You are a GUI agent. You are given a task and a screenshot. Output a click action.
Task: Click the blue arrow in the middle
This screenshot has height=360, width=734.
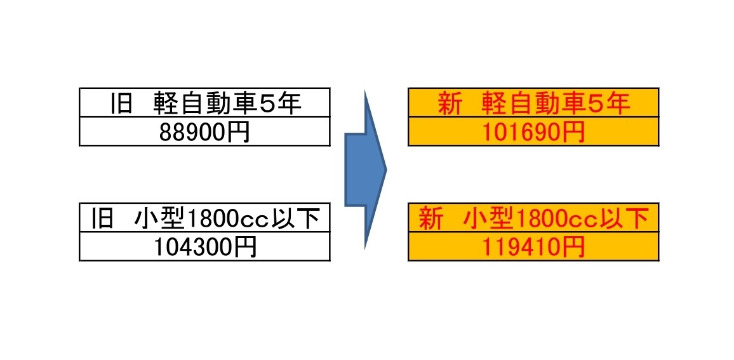pos(366,170)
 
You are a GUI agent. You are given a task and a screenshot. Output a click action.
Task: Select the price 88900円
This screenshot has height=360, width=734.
pos(204,133)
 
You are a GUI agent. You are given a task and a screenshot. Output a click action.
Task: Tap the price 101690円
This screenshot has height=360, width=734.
pos(533,133)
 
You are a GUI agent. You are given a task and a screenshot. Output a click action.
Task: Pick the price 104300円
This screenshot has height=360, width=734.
pos(205,248)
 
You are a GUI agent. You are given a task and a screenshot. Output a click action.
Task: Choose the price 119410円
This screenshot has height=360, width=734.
pos(533,248)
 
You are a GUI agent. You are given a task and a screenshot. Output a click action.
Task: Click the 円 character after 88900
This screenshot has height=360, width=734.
pos(239,133)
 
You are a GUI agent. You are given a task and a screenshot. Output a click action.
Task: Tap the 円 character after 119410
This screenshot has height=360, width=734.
pos(575,248)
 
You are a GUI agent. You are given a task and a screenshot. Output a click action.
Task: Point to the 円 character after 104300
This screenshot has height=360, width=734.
pos(246,248)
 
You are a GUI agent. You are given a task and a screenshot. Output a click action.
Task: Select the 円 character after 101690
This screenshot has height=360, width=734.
pos(575,133)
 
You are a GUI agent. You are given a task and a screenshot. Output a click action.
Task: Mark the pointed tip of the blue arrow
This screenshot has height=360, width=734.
pos(387,170)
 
